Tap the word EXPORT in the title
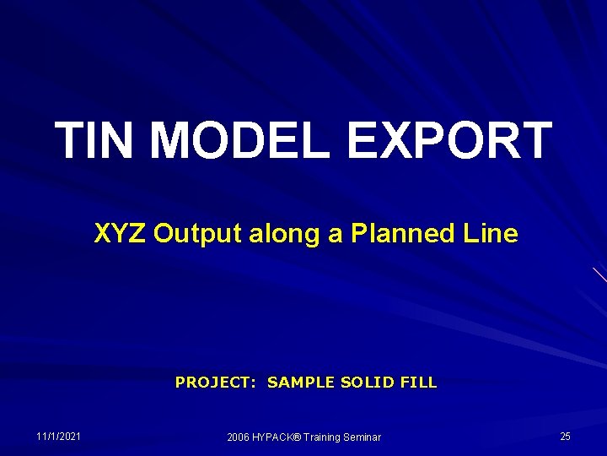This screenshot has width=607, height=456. point(449,140)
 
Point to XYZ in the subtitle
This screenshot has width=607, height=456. point(120,234)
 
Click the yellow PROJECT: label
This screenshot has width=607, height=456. point(217,383)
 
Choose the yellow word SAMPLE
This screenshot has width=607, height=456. point(302,383)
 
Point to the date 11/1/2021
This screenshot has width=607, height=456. point(59,436)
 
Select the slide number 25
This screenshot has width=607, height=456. point(565,436)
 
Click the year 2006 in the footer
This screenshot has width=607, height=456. point(238,437)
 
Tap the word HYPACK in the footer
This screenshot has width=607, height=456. point(275,437)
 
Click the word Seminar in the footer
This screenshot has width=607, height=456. point(364,437)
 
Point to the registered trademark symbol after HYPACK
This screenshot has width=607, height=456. point(300,436)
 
